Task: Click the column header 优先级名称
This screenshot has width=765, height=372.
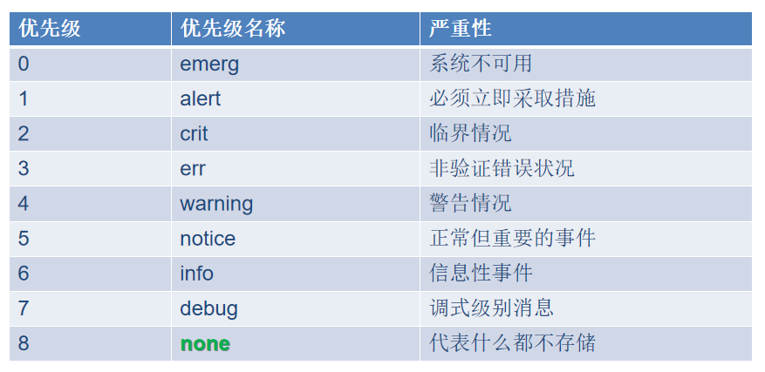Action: pos(233,29)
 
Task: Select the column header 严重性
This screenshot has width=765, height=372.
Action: pos(461,29)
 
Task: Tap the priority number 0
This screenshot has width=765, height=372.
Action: pos(24,64)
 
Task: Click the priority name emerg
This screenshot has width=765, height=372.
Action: pos(209,64)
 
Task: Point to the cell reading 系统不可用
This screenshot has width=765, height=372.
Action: pos(481,64)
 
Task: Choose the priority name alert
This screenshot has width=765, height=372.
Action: pos(201,98)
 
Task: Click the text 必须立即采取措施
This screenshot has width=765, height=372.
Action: pos(513,98)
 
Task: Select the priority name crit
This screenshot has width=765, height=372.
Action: pos(195,133)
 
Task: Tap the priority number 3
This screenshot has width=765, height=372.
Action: pos(24,168)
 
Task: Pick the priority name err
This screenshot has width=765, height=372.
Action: pos(193,168)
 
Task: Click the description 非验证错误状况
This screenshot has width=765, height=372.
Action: pos(502,168)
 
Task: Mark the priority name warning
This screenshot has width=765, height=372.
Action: pos(216,204)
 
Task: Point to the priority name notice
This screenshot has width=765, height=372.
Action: pos(208,239)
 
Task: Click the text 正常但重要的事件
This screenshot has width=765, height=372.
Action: pos(513,239)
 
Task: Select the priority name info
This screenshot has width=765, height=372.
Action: pos(197,274)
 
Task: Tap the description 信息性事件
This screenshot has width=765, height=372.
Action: pos(481,274)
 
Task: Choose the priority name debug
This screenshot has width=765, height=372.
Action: pos(208,308)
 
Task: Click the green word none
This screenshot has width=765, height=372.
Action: pos(205,344)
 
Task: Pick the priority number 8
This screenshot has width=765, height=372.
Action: pos(24,344)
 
